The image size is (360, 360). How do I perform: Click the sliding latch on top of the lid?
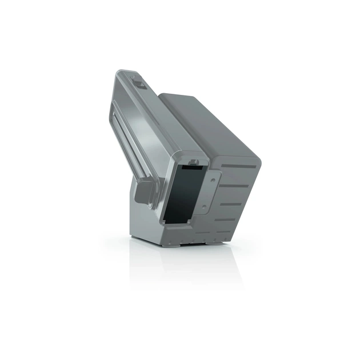(x=139, y=84)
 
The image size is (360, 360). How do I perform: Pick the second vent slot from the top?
(x=235, y=185)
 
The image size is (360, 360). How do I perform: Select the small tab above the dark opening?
(x=195, y=159)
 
